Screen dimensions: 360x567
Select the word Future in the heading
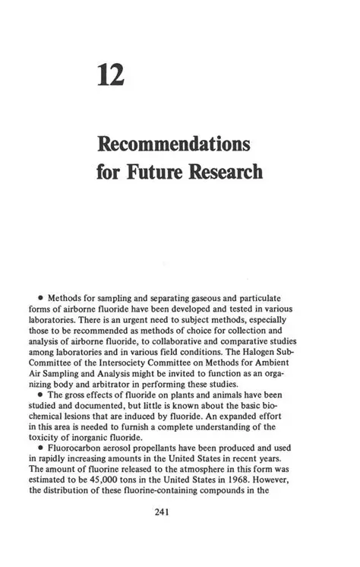point(157,172)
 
